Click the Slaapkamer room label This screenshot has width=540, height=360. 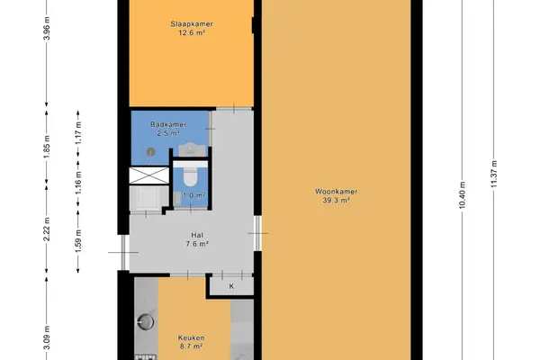pyautogui.click(x=192, y=24)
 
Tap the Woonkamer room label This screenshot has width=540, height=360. pyautogui.click(x=336, y=192)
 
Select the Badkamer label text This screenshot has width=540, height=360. pyautogui.click(x=168, y=124)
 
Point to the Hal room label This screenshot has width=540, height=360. pyautogui.click(x=197, y=235)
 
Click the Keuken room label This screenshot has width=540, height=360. pyautogui.click(x=191, y=338)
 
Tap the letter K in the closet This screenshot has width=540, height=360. pyautogui.click(x=231, y=286)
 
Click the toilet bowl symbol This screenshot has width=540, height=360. pyautogui.click(x=189, y=176)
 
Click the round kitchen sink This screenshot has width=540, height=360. pyautogui.click(x=146, y=322)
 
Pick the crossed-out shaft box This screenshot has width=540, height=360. pyautogui.click(x=149, y=175)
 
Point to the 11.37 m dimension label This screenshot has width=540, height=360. pyautogui.click(x=494, y=174)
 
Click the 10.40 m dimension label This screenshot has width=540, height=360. pyautogui.click(x=463, y=195)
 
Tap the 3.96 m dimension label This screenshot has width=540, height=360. pyautogui.click(x=47, y=28)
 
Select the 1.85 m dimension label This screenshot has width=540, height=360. pyautogui.click(x=47, y=147)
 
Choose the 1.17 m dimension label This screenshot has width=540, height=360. pyautogui.click(x=79, y=132)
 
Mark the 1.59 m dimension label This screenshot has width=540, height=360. pyautogui.click(x=79, y=241)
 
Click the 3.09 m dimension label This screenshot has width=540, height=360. pyautogui.click(x=47, y=337)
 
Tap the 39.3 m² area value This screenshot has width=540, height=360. pyautogui.click(x=337, y=201)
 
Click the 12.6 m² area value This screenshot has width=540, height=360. pyautogui.click(x=192, y=33)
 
